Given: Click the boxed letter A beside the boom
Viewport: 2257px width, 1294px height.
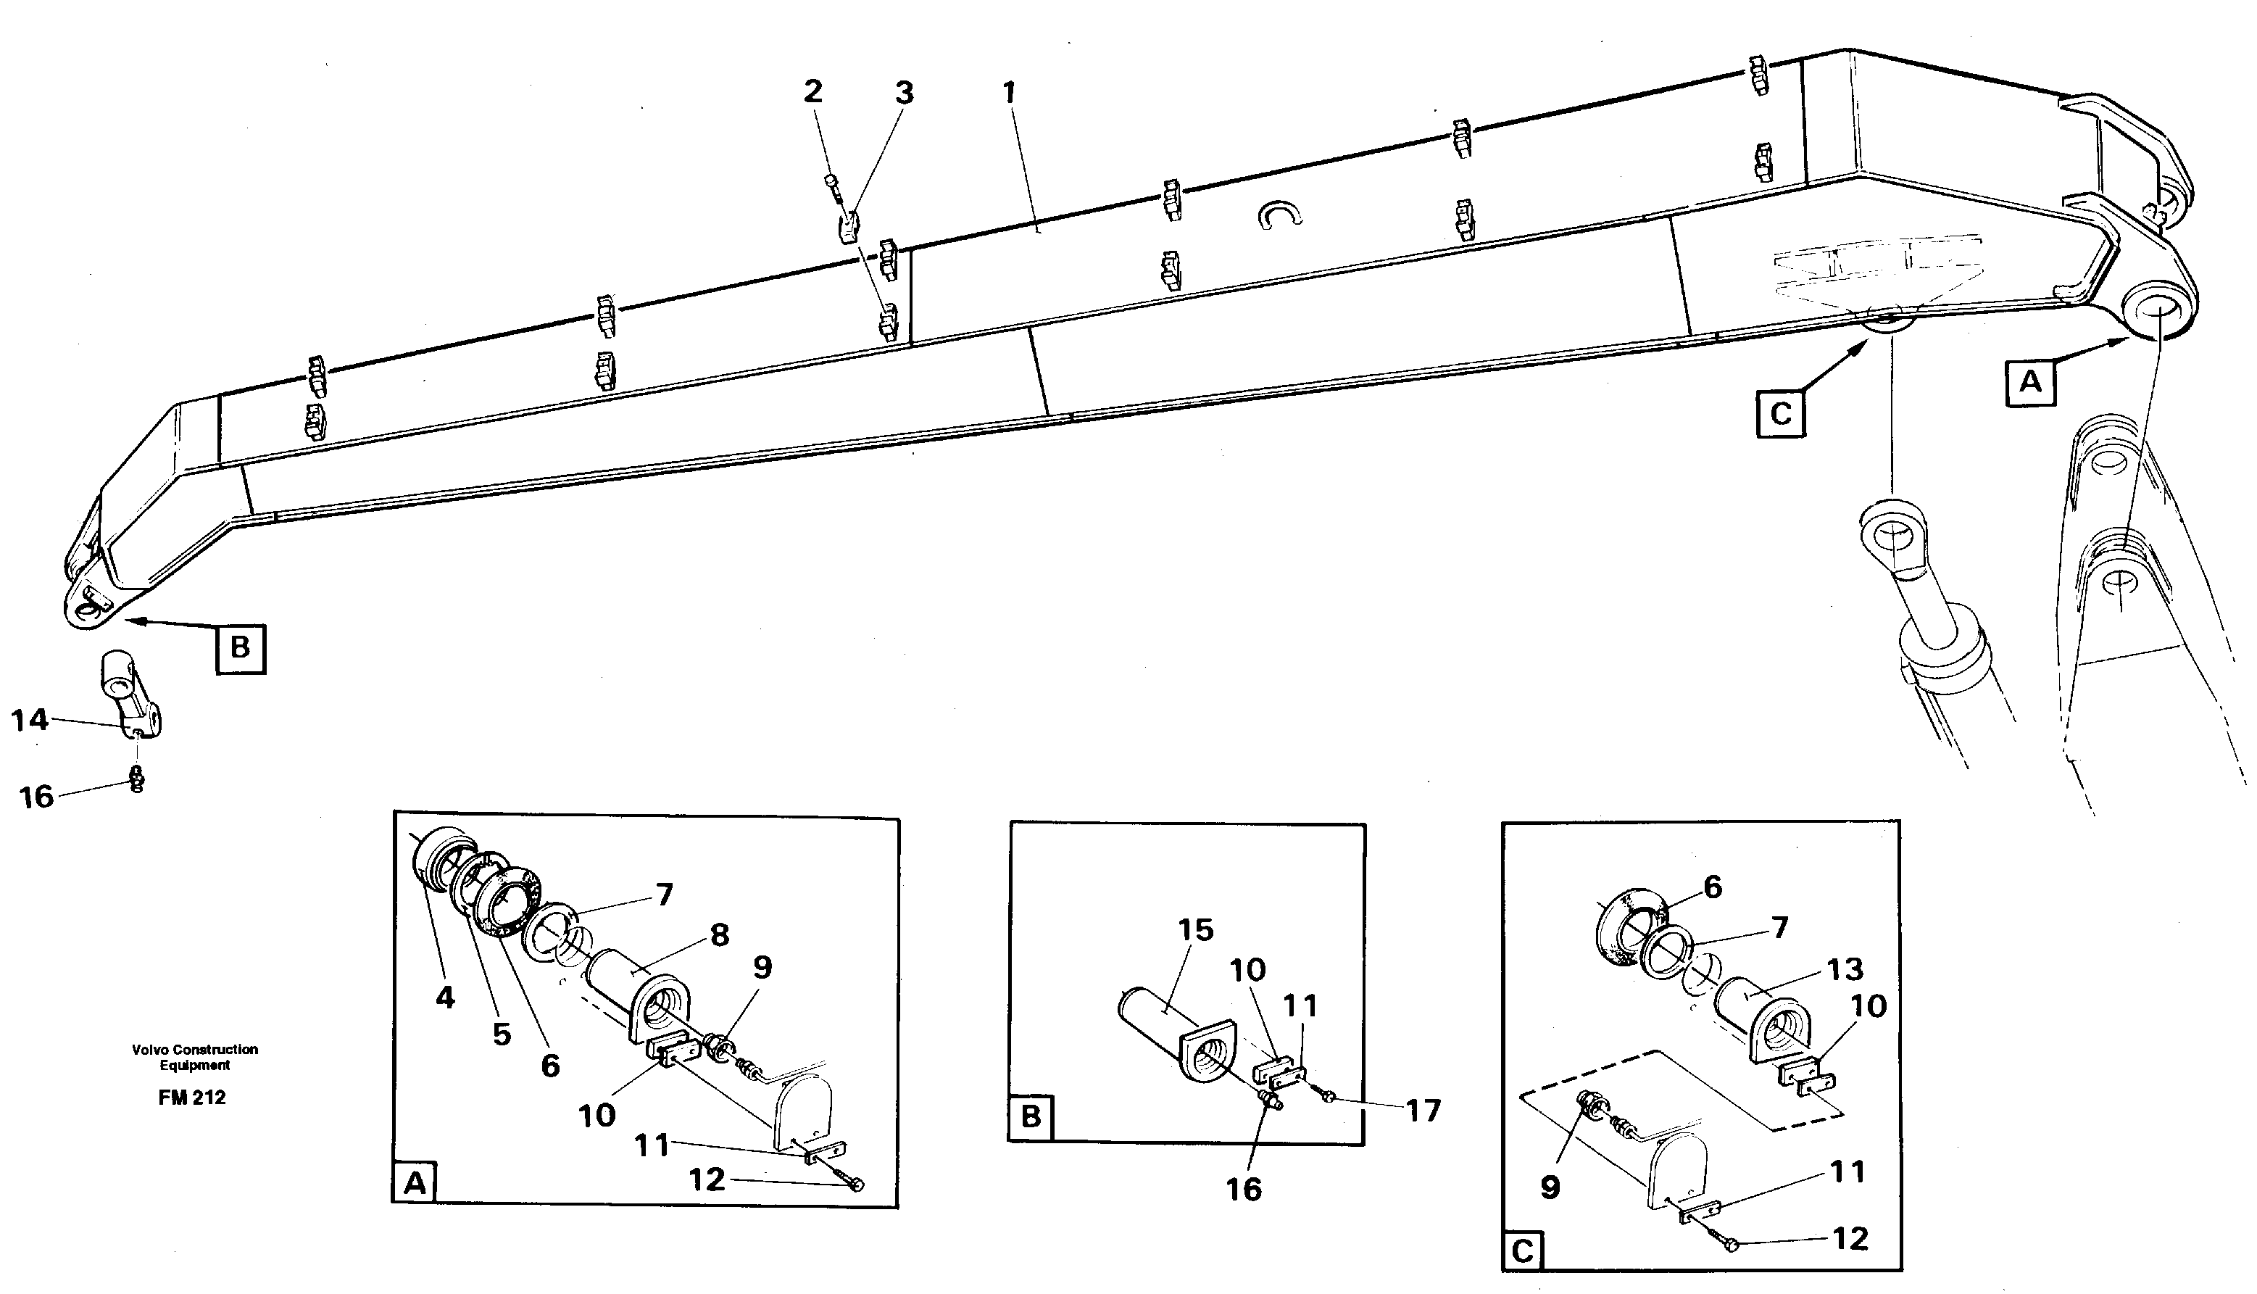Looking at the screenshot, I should click(x=2029, y=383).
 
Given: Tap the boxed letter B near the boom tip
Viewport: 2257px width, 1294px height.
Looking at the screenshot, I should click(x=241, y=648).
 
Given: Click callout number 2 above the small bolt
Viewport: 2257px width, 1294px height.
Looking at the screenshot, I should click(x=812, y=91).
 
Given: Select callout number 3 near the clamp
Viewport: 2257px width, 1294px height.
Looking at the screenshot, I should click(x=904, y=93).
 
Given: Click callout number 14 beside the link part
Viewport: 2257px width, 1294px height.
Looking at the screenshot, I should click(x=29, y=719).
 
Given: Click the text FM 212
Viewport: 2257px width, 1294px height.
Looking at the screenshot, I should click(x=192, y=1098).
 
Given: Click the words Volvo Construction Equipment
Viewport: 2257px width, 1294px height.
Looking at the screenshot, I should click(x=194, y=1057).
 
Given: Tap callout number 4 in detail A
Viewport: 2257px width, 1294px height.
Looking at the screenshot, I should click(x=445, y=998).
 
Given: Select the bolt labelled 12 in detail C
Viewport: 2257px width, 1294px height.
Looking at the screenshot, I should click(x=1730, y=1246).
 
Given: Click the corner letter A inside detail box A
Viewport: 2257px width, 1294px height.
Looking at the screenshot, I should click(x=414, y=1184).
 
